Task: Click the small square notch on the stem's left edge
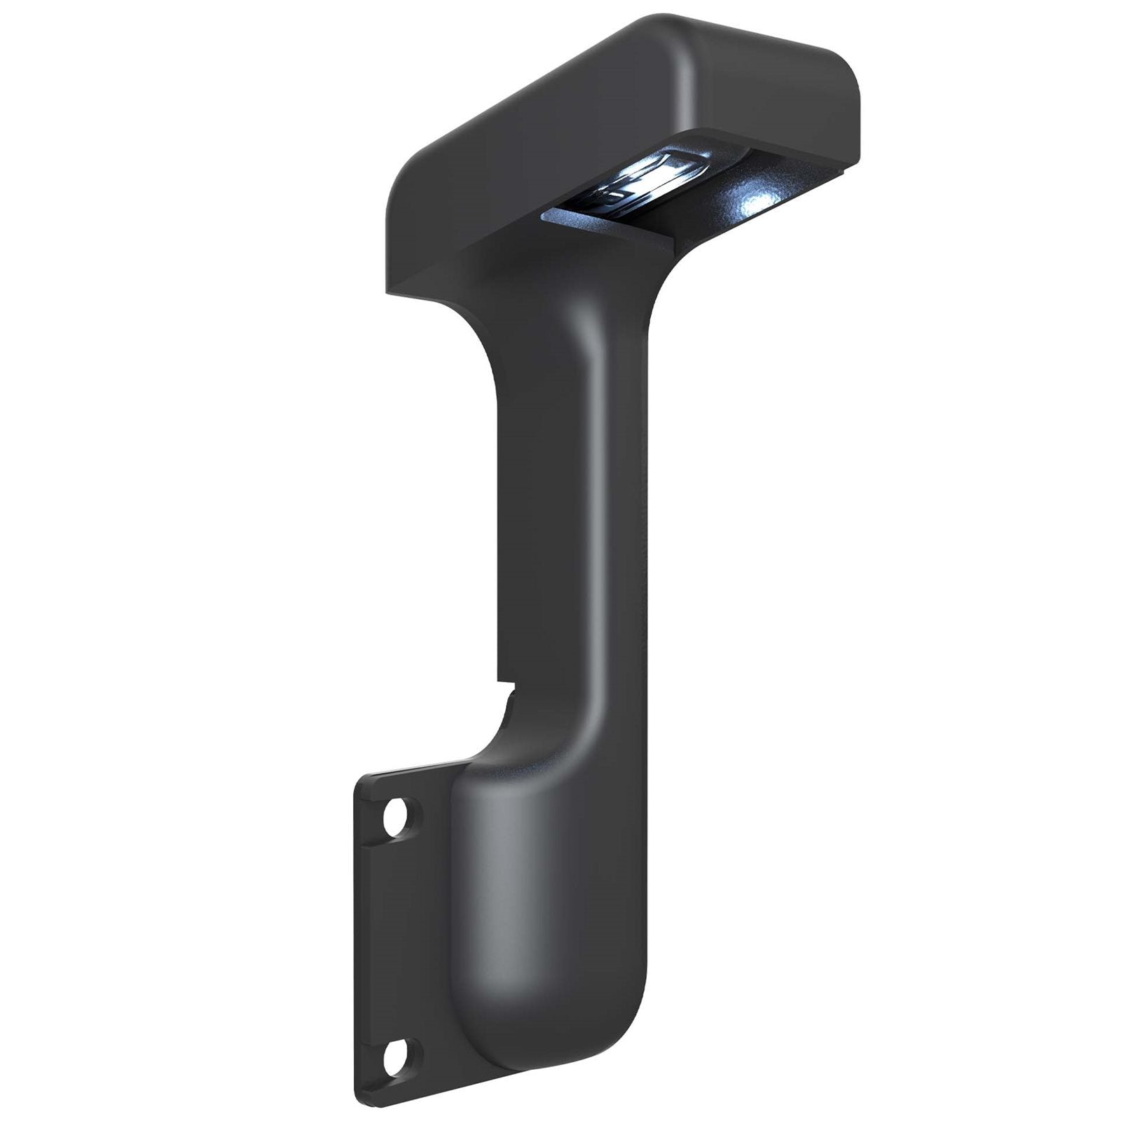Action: pos(506,676)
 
